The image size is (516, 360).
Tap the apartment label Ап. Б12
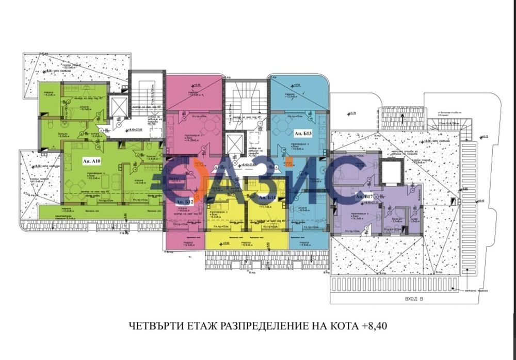click(184, 202)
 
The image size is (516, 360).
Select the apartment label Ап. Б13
click(303, 133)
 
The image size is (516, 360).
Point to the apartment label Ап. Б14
click(267, 198)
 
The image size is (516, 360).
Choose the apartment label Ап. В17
click(363, 197)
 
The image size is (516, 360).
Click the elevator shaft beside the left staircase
click(118, 107)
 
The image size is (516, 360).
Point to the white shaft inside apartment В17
click(392, 172)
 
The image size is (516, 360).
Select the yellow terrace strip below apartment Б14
click(246, 240)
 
